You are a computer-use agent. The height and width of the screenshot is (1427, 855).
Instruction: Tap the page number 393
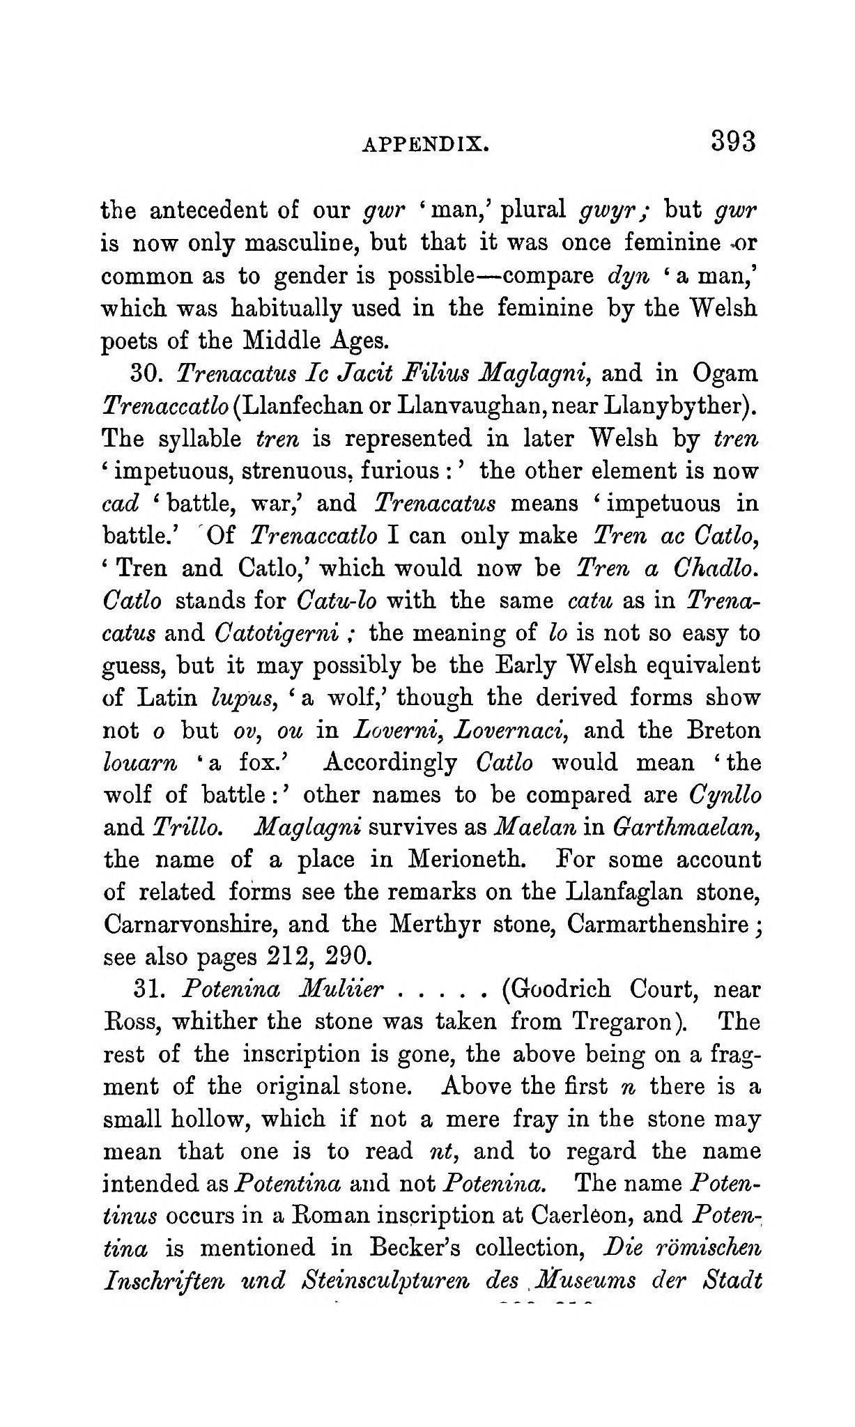click(733, 141)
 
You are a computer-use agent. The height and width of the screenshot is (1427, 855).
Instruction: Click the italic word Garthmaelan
click(685, 827)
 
